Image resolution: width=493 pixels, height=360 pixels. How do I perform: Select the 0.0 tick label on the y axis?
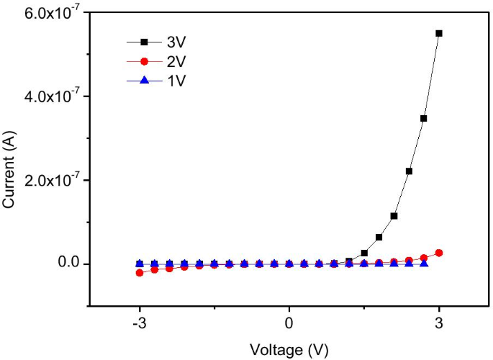(70, 264)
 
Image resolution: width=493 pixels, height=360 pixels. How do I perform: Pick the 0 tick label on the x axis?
(289, 324)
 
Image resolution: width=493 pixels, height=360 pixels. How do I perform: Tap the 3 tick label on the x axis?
(439, 324)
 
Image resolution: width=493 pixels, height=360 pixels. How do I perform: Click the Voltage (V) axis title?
(289, 349)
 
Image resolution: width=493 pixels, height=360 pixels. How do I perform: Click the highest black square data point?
(439, 33)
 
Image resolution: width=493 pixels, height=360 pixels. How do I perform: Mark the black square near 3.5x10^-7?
(424, 118)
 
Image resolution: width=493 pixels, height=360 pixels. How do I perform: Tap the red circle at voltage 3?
(439, 253)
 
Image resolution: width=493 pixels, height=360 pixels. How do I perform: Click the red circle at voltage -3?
(140, 273)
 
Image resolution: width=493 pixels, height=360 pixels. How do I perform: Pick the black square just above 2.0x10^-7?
(409, 171)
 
